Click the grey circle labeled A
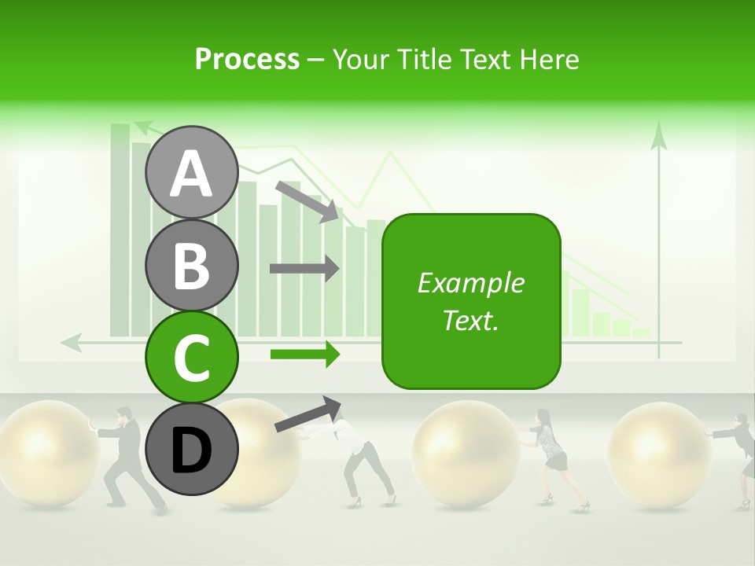point(191,172)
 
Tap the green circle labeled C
point(191,357)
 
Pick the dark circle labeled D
point(191,449)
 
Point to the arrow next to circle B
point(304,269)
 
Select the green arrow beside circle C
point(304,354)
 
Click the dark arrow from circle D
point(308,414)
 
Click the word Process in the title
point(247,59)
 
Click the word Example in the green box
point(470,283)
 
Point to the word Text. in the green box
point(470,320)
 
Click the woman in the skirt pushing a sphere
point(551,456)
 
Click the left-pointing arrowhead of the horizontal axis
point(71,342)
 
